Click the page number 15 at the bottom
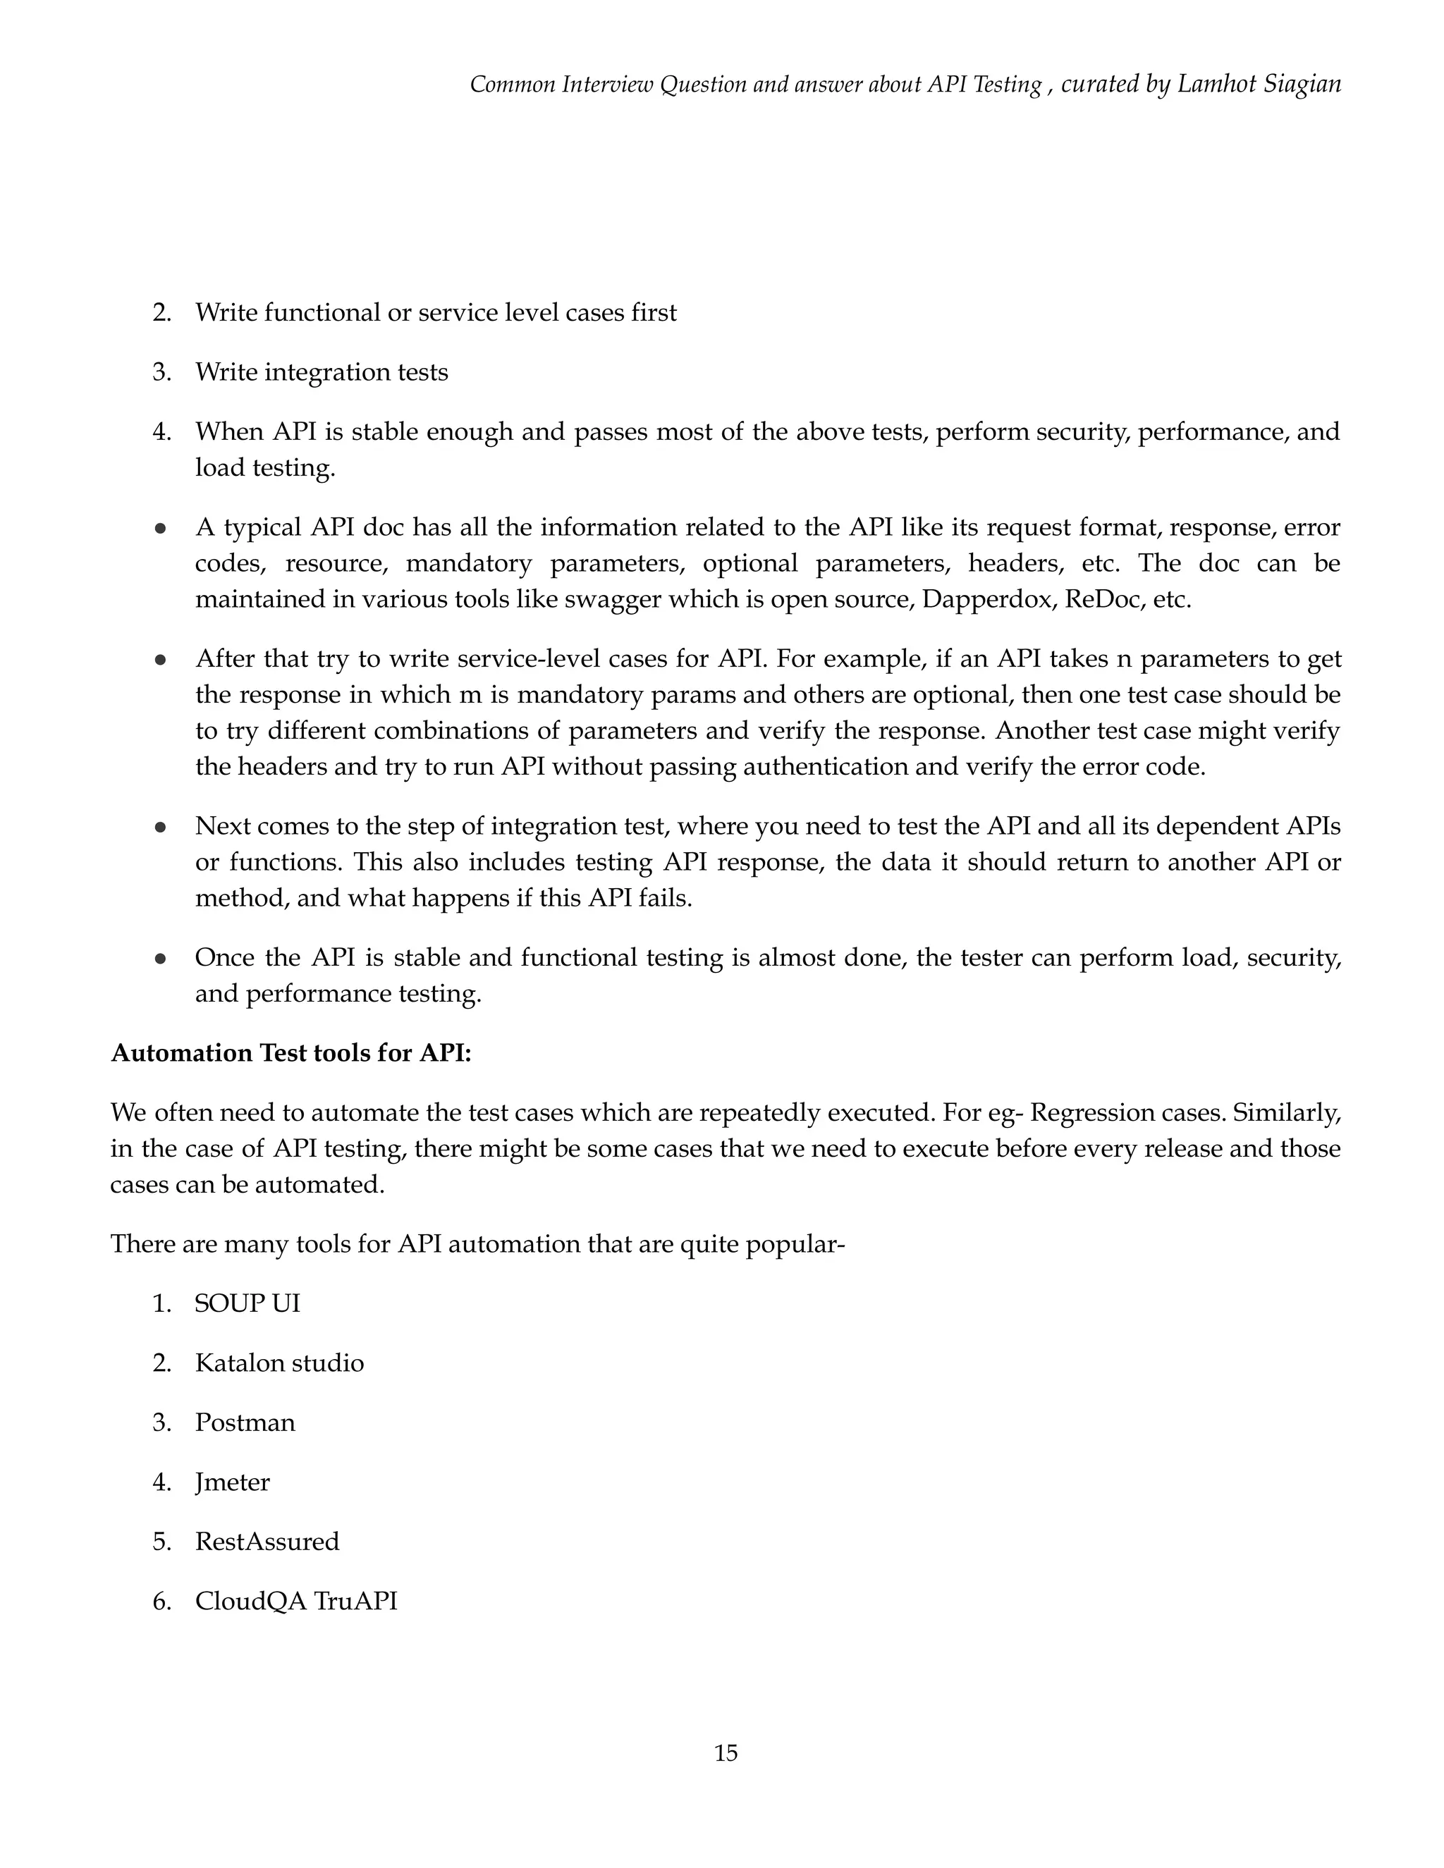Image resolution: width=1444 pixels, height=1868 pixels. click(x=726, y=1752)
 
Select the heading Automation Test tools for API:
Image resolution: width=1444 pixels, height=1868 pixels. click(x=291, y=1053)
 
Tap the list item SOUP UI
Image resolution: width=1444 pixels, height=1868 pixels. click(x=247, y=1303)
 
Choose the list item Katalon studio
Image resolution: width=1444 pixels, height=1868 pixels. click(x=279, y=1363)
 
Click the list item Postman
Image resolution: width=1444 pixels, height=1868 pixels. click(x=245, y=1422)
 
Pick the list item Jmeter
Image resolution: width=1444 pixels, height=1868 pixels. click(x=232, y=1482)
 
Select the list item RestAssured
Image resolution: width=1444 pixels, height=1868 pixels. click(x=267, y=1541)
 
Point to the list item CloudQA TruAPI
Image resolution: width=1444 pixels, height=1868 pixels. click(x=296, y=1600)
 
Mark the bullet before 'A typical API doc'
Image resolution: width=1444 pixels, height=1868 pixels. click(x=160, y=528)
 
